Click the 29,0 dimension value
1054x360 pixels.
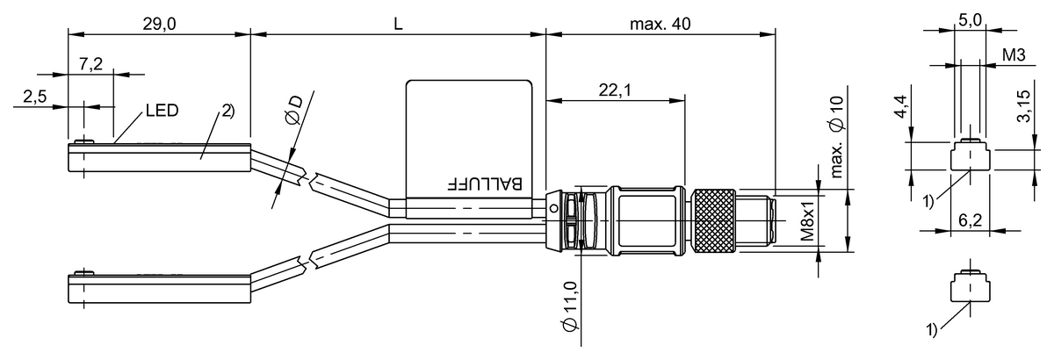coord(159,25)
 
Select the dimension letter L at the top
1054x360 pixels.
coord(397,25)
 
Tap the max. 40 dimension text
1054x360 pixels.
coord(660,25)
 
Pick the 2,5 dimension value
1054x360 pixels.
coord(35,97)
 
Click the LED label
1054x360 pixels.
coord(162,111)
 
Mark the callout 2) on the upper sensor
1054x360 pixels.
coord(226,112)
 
